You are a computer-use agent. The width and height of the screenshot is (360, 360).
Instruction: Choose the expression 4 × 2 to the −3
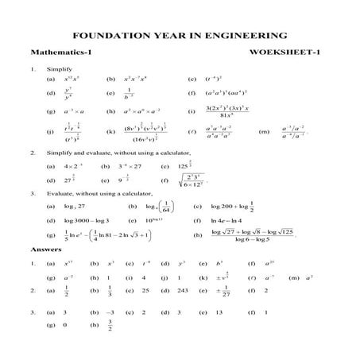click(x=71, y=166)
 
